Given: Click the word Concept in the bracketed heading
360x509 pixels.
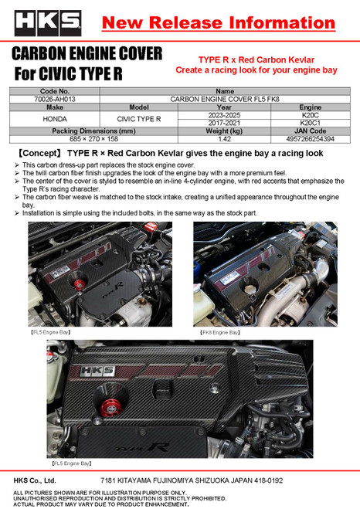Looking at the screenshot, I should tap(39, 154).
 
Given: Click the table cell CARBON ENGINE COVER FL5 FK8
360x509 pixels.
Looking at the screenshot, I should tap(224, 99).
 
